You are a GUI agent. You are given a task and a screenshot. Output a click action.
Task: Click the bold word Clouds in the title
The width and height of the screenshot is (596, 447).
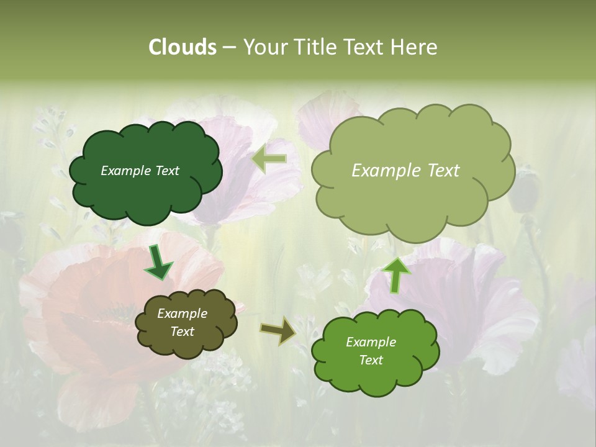coord(182,47)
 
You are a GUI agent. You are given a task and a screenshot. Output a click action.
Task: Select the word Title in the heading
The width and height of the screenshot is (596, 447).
coord(315,47)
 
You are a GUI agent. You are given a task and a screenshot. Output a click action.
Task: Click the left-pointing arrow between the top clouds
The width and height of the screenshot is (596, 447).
coord(269,159)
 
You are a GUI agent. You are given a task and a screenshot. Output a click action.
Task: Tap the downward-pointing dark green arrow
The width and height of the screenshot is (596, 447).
coord(158,263)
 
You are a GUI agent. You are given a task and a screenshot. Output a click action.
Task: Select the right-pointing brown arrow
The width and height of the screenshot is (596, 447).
coord(278,330)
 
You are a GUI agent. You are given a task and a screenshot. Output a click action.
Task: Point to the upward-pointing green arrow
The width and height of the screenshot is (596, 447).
coord(395,275)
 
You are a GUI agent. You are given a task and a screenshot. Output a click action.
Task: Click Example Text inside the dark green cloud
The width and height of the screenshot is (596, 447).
coord(140,171)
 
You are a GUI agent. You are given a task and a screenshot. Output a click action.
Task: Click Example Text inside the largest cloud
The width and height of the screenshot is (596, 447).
coord(405,171)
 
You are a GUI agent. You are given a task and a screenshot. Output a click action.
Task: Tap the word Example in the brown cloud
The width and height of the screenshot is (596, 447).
coord(182,314)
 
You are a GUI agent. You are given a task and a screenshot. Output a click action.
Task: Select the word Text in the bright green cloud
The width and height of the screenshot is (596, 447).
coord(371,360)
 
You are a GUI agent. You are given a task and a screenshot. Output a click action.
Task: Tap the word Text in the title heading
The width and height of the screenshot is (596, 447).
coord(365,47)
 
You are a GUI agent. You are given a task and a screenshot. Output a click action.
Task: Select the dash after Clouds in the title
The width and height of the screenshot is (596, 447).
coord(229,47)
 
